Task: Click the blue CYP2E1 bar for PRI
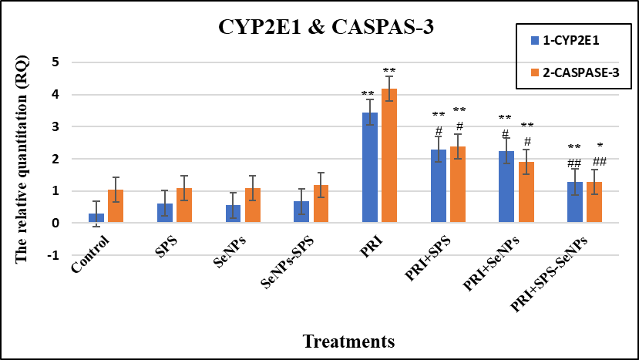pos(370,167)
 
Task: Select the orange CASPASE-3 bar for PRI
pos(389,156)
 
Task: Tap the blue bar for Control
pos(96,218)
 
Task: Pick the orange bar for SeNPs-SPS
pos(321,204)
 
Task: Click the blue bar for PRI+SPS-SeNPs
pos(575,202)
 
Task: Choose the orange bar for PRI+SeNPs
pos(526,193)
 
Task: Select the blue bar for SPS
pos(165,214)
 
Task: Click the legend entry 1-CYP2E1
pos(565,40)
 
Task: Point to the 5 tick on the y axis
pos(55,62)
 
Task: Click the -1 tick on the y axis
pos(53,255)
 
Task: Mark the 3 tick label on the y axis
pos(55,126)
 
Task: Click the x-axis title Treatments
pos(349,341)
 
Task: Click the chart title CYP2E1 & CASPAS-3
pos(326,27)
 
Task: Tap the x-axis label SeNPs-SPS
pos(288,262)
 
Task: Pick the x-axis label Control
pos(90,254)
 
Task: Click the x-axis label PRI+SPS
pos(428,257)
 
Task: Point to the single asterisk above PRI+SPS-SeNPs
pos(600,146)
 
